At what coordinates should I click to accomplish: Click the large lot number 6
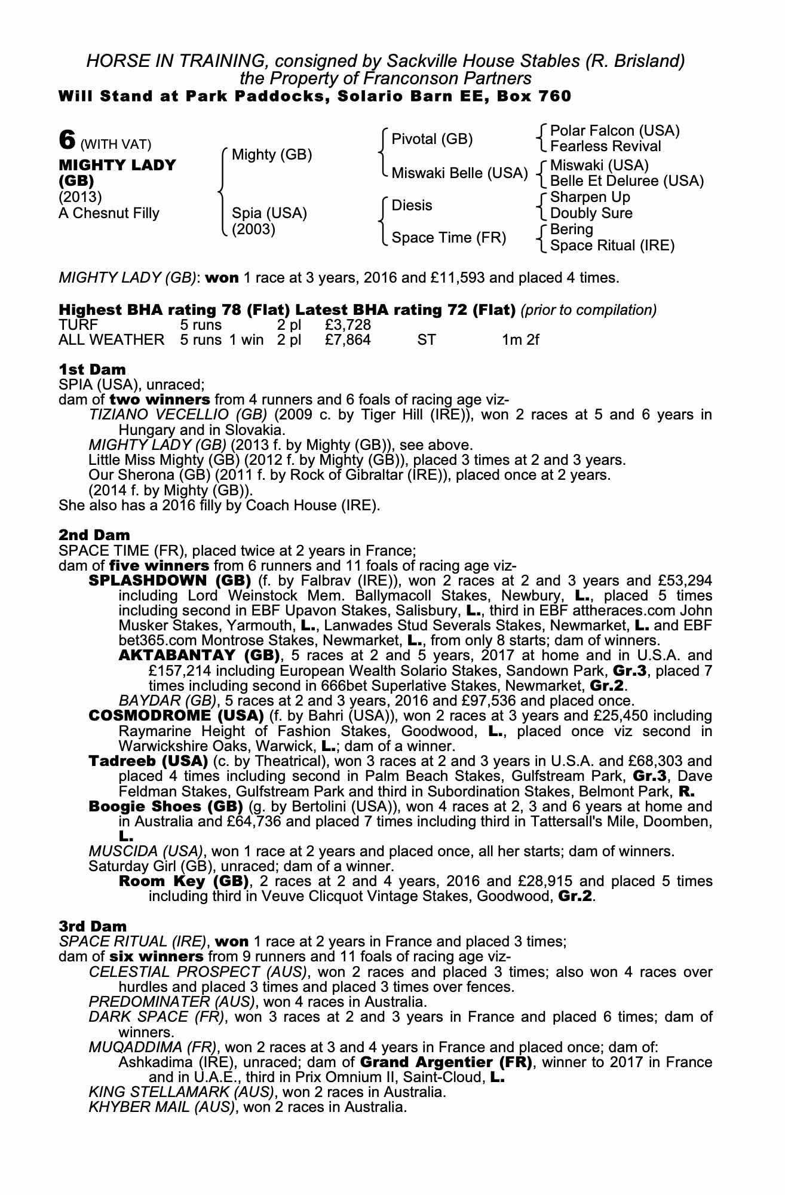click(x=67, y=140)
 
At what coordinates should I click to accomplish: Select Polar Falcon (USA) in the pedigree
click(x=614, y=131)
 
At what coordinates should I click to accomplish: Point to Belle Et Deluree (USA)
click(x=626, y=181)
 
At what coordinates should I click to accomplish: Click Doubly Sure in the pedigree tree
click(x=591, y=213)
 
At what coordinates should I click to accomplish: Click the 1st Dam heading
click(x=92, y=369)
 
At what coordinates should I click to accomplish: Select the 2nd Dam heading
click(x=94, y=535)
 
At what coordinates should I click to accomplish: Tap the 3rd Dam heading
click(x=93, y=926)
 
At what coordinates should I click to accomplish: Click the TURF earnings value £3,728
click(x=348, y=325)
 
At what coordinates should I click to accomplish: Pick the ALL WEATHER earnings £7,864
click(x=348, y=341)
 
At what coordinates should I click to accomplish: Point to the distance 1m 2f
click(x=520, y=341)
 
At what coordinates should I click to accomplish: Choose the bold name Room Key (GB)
click(x=183, y=881)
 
